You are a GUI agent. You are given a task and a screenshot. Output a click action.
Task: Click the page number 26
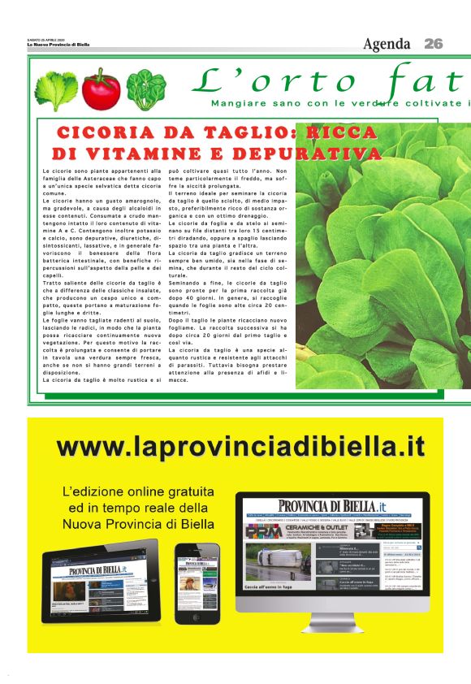point(434,44)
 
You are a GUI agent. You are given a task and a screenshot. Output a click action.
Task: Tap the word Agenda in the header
point(388,44)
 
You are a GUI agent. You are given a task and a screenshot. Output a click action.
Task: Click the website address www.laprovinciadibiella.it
point(241,446)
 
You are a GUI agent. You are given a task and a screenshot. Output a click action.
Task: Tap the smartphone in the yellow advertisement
point(197,582)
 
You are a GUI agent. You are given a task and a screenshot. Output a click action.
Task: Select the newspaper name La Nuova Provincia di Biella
point(58,45)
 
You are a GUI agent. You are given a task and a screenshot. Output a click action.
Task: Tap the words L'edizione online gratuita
point(138,491)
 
